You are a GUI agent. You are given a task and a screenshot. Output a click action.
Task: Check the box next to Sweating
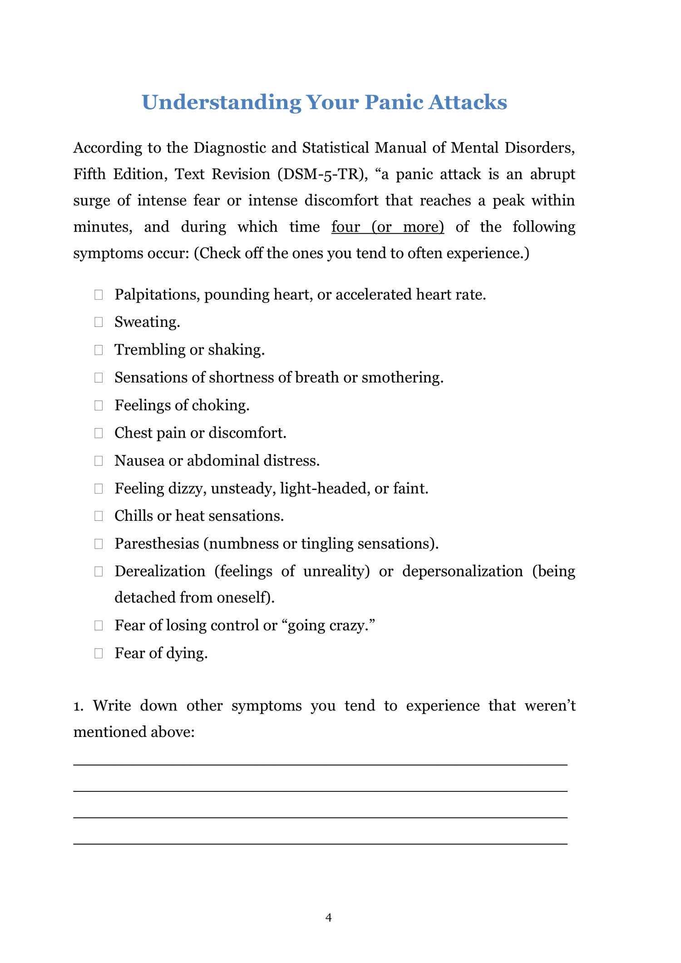pyautogui.click(x=99, y=322)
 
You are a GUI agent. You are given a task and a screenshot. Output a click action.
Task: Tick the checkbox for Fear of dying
pyautogui.click(x=99, y=653)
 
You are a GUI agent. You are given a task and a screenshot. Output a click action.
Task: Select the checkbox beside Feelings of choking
pyautogui.click(x=99, y=405)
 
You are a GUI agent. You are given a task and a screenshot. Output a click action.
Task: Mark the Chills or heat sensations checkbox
pyautogui.click(x=99, y=516)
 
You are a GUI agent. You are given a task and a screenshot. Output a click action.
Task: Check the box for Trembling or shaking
pyautogui.click(x=99, y=350)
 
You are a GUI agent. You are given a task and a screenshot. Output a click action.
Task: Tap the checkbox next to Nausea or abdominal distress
pyautogui.click(x=99, y=461)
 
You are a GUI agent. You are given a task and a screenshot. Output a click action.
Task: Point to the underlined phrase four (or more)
pyautogui.click(x=387, y=227)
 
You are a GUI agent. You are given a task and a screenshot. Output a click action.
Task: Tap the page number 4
pyautogui.click(x=329, y=918)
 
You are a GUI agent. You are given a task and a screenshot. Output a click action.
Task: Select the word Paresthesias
pyautogui.click(x=157, y=543)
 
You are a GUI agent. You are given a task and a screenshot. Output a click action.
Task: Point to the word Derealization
pyautogui.click(x=160, y=571)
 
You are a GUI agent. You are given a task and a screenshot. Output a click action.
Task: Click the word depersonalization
pyautogui.click(x=462, y=571)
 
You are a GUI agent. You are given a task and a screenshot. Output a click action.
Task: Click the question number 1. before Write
pyautogui.click(x=79, y=706)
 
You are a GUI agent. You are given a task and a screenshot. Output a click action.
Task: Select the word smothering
pyautogui.click(x=402, y=378)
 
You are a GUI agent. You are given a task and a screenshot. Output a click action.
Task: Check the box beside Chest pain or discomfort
pyautogui.click(x=99, y=433)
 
